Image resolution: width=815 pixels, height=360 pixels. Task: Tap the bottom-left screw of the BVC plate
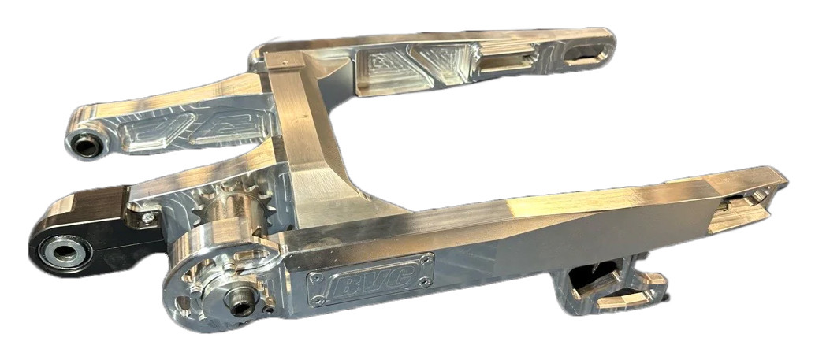point(318,300)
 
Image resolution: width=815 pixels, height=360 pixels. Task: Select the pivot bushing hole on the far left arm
point(86,145)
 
